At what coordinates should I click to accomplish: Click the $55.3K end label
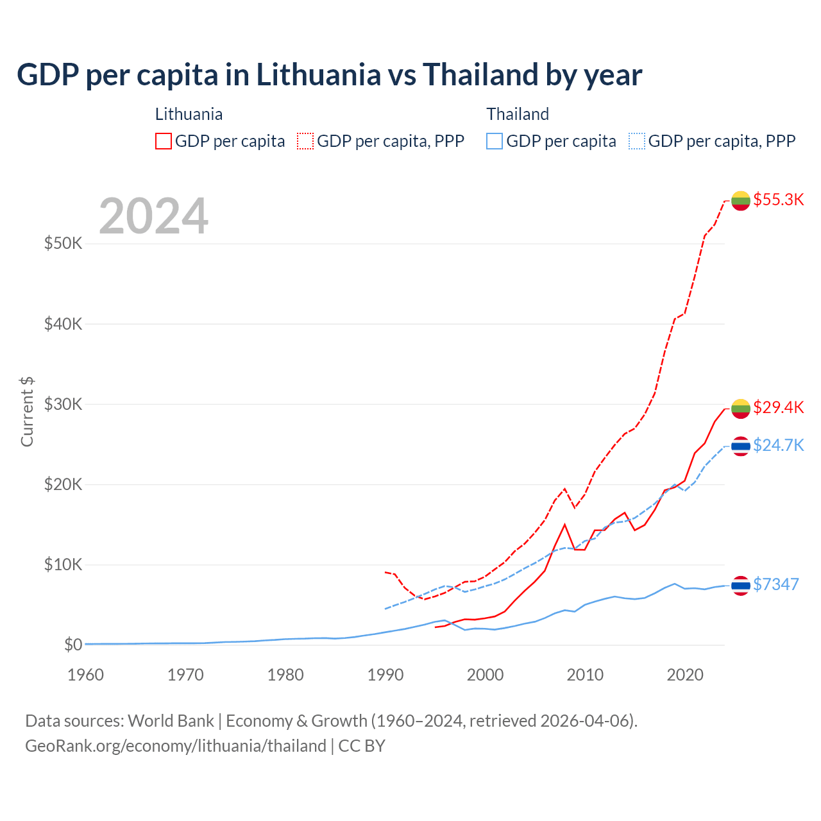pyautogui.click(x=778, y=199)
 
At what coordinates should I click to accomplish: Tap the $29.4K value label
pyautogui.click(x=778, y=407)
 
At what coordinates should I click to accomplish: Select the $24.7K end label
pyautogui.click(x=778, y=445)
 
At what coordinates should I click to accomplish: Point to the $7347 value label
pyautogui.click(x=775, y=584)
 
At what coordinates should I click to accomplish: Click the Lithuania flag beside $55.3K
pyautogui.click(x=741, y=201)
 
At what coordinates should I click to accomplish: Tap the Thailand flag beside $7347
pyautogui.click(x=741, y=585)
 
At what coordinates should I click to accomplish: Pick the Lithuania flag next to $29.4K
pyautogui.click(x=741, y=408)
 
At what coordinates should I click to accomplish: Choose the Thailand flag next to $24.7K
pyautogui.click(x=741, y=446)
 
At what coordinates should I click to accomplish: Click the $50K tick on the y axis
pyautogui.click(x=63, y=244)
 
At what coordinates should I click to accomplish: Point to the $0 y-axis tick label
pyautogui.click(x=72, y=645)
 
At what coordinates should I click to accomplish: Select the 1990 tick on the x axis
pyautogui.click(x=385, y=675)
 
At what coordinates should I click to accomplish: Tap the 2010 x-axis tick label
pyautogui.click(x=586, y=675)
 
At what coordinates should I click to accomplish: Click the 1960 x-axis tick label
pyautogui.click(x=86, y=675)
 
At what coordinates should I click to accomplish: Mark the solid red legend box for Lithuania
pyautogui.click(x=164, y=141)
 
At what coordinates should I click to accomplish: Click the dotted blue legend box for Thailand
pyautogui.click(x=637, y=141)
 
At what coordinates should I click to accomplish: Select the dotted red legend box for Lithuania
pyautogui.click(x=305, y=141)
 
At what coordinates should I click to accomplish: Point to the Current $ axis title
pyautogui.click(x=27, y=412)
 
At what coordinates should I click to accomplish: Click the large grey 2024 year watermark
pyautogui.click(x=153, y=216)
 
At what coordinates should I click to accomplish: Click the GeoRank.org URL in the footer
pyautogui.click(x=176, y=746)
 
